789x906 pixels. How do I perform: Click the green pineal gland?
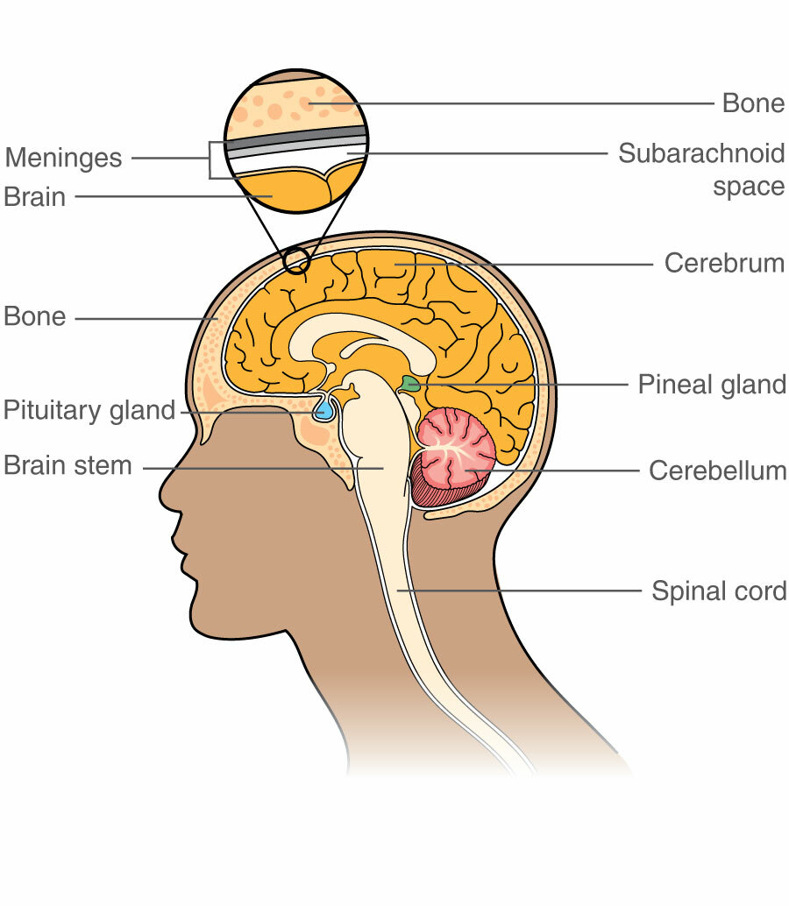[x=409, y=383]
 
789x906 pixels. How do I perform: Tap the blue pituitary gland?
[x=324, y=409]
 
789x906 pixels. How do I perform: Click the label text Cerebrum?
[x=724, y=263]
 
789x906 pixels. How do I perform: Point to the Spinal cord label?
[x=719, y=591]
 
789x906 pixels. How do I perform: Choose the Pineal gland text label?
[x=712, y=385]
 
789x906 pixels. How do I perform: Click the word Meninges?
[x=63, y=159]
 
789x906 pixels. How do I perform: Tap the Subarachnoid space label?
[x=701, y=170]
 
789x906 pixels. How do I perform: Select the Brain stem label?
[x=68, y=465]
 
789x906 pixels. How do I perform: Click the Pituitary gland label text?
[x=89, y=410]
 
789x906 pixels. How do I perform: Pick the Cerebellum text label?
[x=717, y=471]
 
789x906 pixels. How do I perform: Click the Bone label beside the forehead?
[x=35, y=316]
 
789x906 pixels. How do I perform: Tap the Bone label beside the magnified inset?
[x=753, y=103]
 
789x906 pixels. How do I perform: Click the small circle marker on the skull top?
[x=297, y=260]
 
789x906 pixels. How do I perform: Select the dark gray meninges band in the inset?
[x=296, y=137]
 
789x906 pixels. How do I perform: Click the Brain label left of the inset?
[x=35, y=197]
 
